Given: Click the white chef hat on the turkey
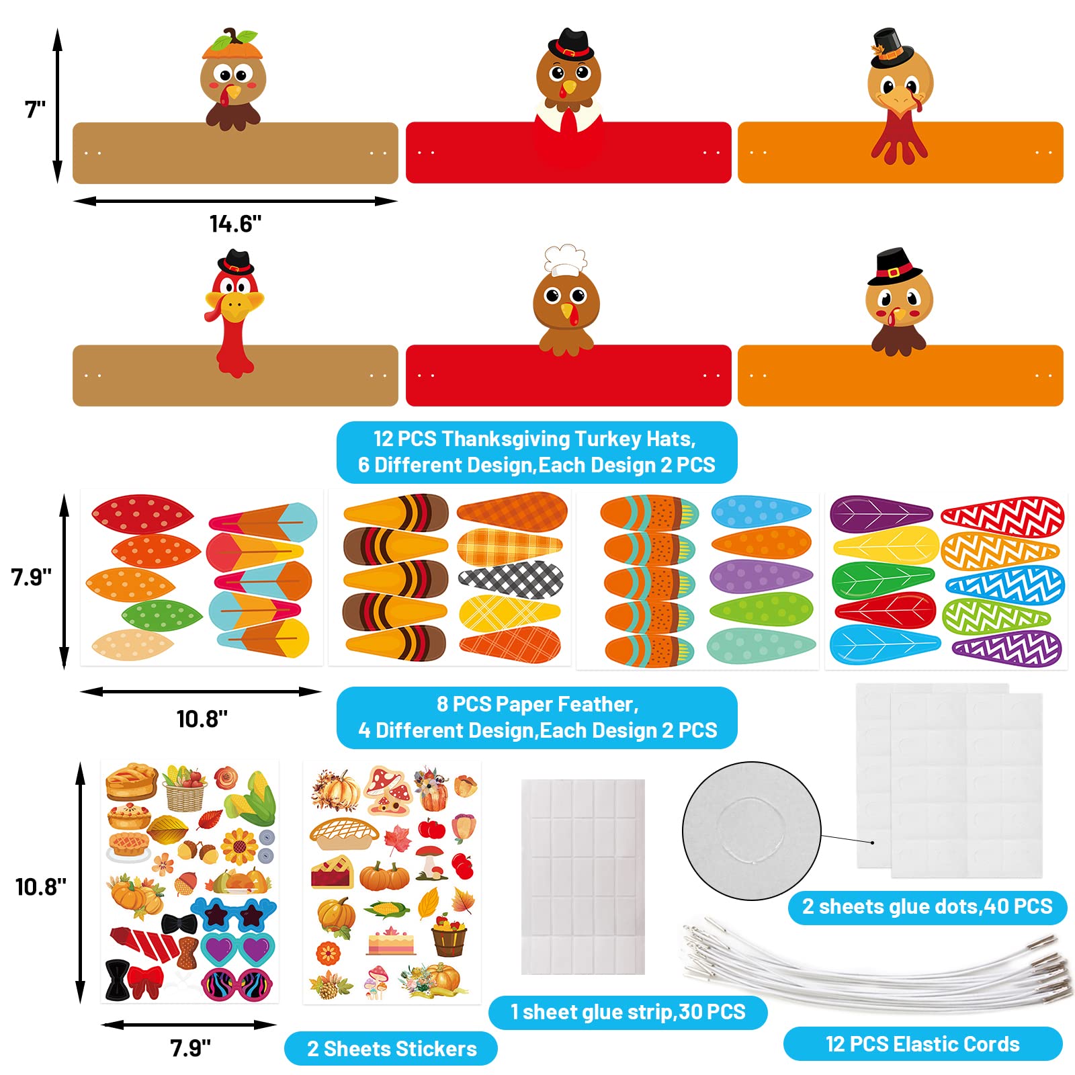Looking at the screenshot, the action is point(565,259).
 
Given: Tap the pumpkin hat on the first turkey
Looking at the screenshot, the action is point(231,45).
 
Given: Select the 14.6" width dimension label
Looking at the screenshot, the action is point(235,223).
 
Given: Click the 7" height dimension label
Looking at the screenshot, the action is point(35,109).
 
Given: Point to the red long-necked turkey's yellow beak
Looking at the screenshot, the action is point(235,306).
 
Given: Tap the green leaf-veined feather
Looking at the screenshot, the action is point(883,580).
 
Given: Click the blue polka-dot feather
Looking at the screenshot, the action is point(761,512).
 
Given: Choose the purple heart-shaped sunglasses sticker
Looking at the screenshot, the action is point(238,949).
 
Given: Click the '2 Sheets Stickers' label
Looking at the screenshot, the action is point(392,1049).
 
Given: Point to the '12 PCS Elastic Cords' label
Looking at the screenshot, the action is point(922,1044).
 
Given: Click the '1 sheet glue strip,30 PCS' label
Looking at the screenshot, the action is point(628,1012).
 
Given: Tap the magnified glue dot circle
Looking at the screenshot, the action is point(751,830).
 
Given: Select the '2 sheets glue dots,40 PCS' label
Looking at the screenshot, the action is point(927,906).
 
